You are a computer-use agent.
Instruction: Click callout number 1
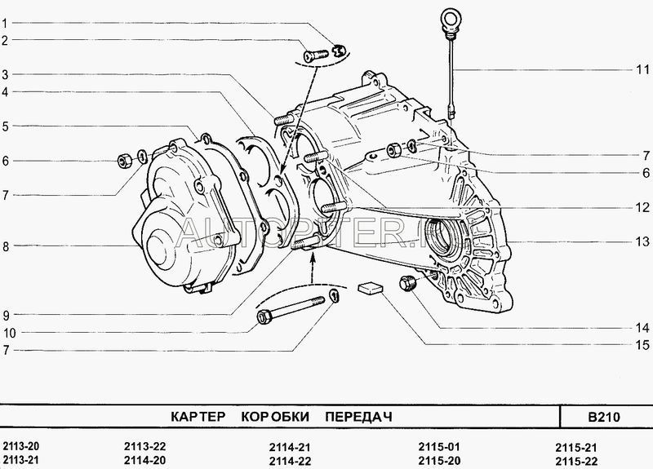pyautogui.click(x=5, y=24)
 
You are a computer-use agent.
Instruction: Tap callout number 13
pyautogui.click(x=642, y=241)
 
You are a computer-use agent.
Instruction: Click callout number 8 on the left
pyautogui.click(x=5, y=246)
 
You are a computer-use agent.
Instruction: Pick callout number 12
pyautogui.click(x=642, y=207)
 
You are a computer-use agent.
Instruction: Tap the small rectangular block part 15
pyautogui.click(x=371, y=288)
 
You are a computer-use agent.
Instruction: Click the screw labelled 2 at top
pyautogui.click(x=314, y=54)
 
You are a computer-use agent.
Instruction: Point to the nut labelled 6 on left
pyautogui.click(x=125, y=157)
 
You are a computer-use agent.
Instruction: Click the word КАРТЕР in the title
pyautogui.click(x=197, y=417)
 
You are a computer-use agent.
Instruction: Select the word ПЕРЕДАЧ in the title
pyautogui.click(x=358, y=417)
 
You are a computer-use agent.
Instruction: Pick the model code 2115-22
pyautogui.click(x=575, y=461)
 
